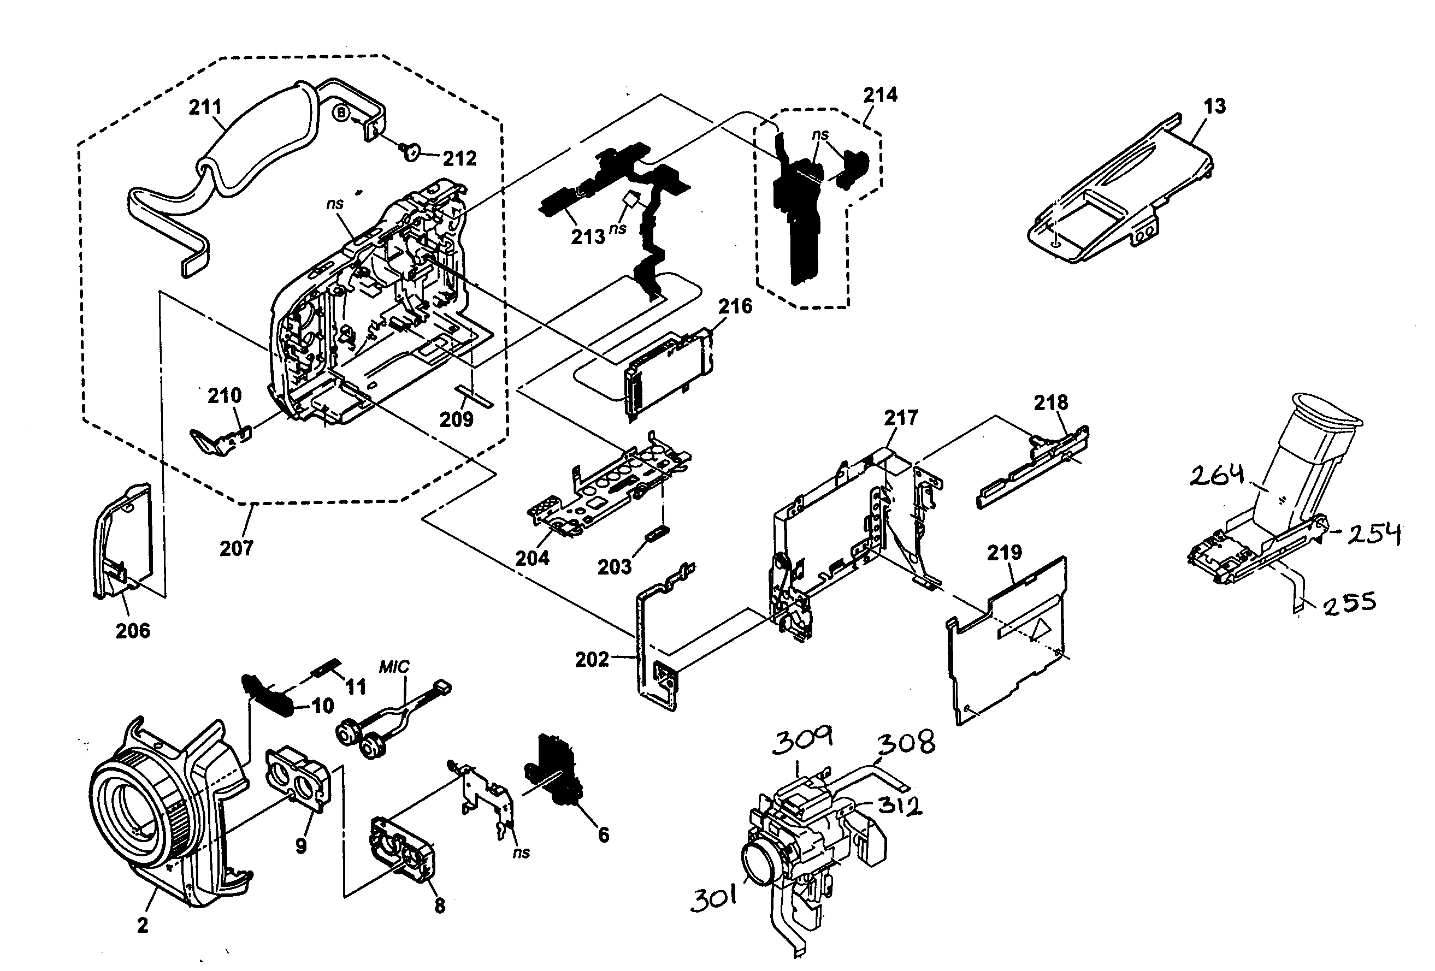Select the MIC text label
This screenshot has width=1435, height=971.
coord(394,667)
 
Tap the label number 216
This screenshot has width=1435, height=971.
coord(735,306)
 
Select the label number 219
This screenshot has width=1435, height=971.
coord(1004,553)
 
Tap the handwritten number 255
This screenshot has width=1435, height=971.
coord(1350,602)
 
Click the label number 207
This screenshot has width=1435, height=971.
coord(237,548)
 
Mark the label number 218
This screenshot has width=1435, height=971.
coord(1050,402)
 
